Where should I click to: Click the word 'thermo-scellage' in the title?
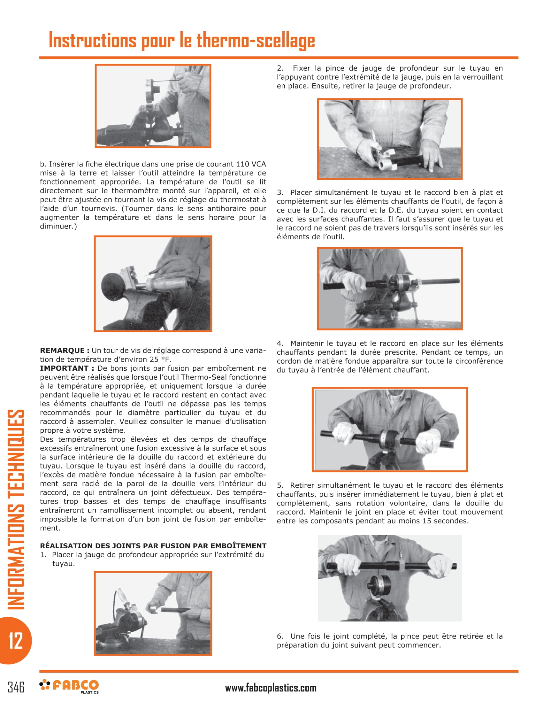pos(256,41)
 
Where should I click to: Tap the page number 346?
pos(16,687)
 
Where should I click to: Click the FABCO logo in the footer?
pos(69,686)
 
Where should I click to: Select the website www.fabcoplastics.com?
pos(271,688)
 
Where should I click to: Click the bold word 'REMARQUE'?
pos(62,351)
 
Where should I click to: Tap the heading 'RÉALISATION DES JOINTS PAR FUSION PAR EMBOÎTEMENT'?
pos(153,545)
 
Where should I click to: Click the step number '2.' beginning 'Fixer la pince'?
pos(280,68)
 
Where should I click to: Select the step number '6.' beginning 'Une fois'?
pos(280,636)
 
